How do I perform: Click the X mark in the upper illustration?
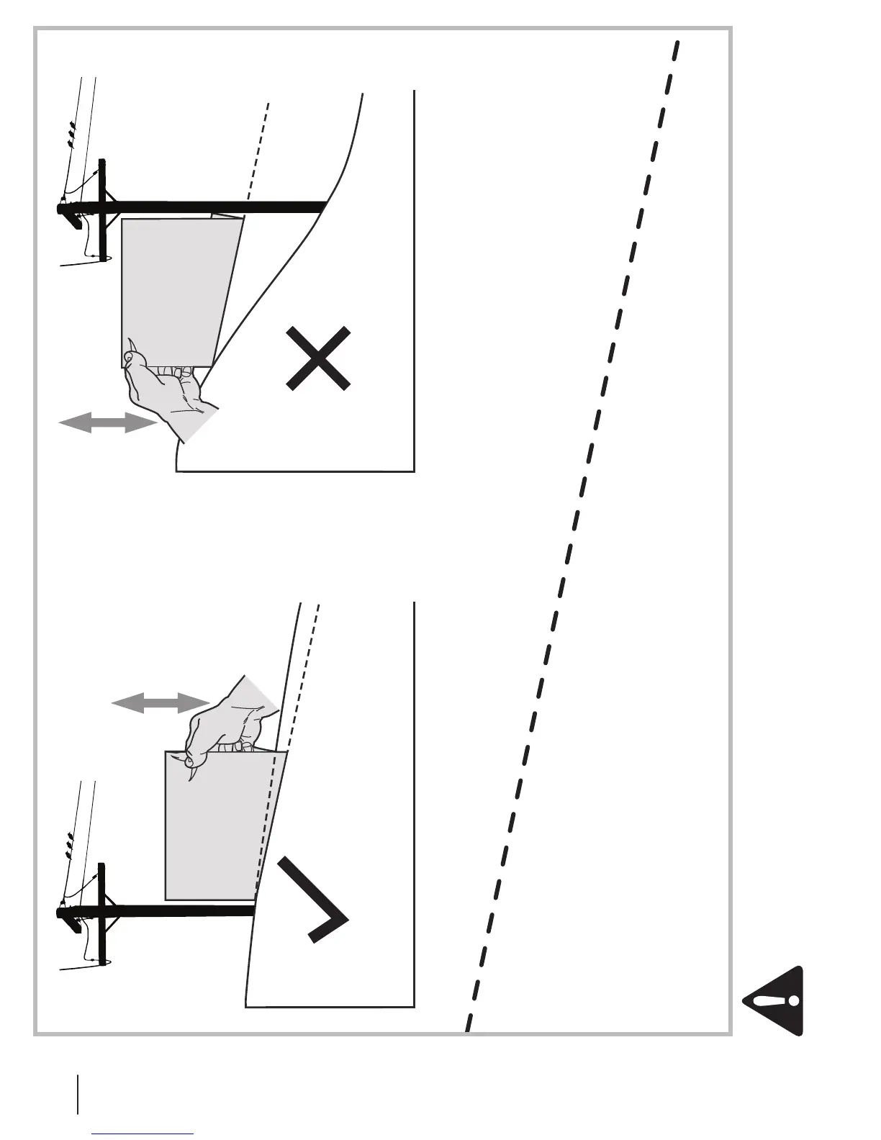click(x=318, y=358)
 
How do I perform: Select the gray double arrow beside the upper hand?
click(x=107, y=423)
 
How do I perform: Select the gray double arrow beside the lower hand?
click(x=161, y=703)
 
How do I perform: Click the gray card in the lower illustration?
click(x=216, y=828)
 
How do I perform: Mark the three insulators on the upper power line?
click(x=71, y=135)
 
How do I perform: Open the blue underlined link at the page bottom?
click(x=143, y=1134)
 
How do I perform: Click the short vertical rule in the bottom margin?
click(x=77, y=1093)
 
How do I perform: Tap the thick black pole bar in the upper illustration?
click(x=216, y=207)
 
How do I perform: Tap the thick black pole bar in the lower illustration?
click(x=180, y=911)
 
